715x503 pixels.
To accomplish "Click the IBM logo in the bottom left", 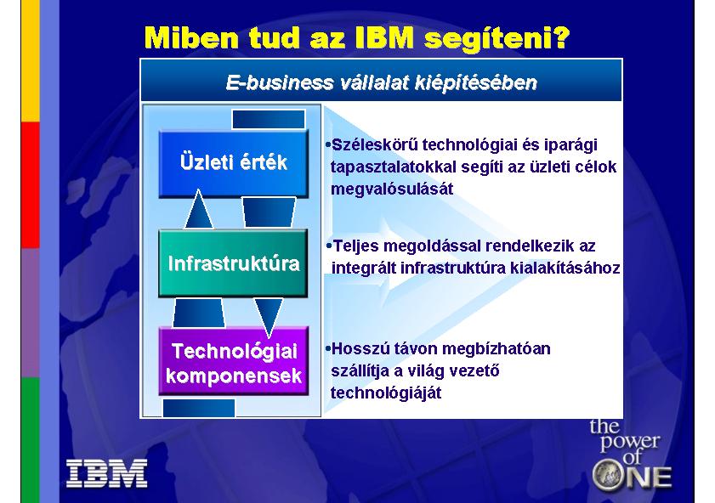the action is (107, 473).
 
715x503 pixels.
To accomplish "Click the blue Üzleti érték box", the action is (234, 164).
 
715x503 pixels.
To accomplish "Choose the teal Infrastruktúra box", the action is (233, 263).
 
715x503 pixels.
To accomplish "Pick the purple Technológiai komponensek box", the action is (234, 361).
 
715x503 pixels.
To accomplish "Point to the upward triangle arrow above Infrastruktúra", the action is (198, 209).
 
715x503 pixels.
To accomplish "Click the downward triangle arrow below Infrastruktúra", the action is (268, 317).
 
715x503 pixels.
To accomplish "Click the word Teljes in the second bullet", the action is (356, 246).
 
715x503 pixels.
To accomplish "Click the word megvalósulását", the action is (392, 189).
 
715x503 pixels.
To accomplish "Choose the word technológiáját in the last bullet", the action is (386, 393).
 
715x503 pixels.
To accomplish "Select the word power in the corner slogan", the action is (630, 442).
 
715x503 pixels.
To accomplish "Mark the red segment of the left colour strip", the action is (31, 185).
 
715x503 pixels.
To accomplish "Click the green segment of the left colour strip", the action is (31, 440).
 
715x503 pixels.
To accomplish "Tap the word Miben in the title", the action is (191, 37).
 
